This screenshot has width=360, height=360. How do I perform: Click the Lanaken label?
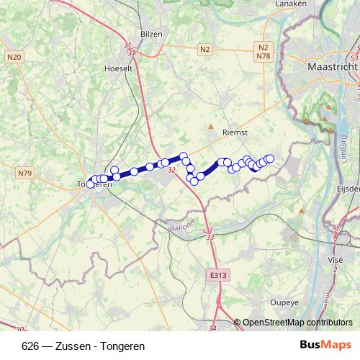(292, 4)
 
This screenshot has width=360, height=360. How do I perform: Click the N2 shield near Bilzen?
(205, 49)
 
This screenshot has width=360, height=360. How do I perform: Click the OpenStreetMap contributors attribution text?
(297, 323)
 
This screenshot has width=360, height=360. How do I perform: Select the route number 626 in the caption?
(31, 346)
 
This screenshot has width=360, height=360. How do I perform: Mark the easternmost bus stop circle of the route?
(270, 158)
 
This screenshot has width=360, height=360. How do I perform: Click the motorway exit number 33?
(210, 237)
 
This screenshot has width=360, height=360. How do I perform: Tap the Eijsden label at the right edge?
(348, 188)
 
